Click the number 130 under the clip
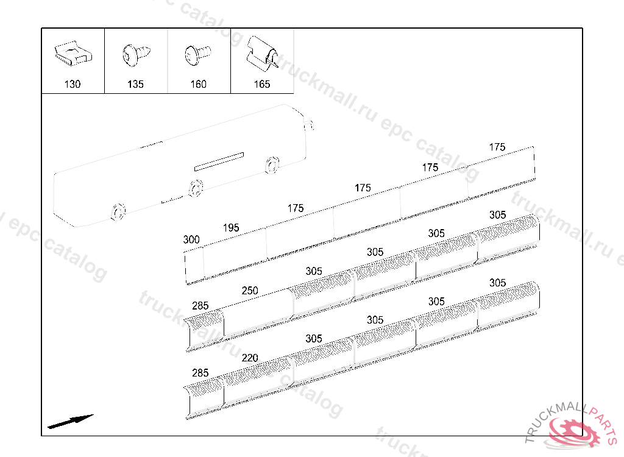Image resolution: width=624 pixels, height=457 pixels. pos(73,84)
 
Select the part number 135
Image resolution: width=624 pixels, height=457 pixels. pos(135,84)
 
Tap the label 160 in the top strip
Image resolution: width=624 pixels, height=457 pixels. pos(199,84)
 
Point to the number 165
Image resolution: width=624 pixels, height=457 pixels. pos(262,84)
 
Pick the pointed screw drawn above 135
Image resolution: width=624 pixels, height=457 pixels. pos(135,55)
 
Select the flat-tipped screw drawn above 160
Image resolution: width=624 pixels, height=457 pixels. pos(196,54)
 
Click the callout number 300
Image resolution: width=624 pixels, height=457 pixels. pos(191,240)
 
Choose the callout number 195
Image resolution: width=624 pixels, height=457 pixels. pos(231,228)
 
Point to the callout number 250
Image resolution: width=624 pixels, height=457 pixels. pos(250,291)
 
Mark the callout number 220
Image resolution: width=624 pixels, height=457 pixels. pos(250,358)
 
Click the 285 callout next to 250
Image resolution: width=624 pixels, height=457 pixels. pos(200,306)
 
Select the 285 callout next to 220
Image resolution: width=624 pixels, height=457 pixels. pos(200,373)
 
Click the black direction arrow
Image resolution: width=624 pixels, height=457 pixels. pos(70,421)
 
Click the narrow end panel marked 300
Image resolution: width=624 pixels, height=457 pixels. pos(194,266)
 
